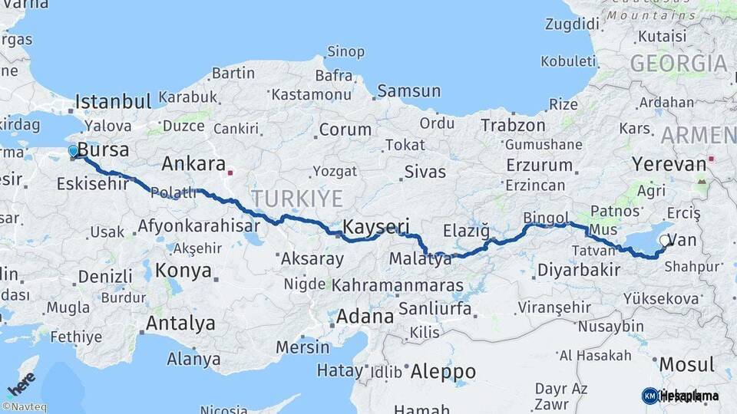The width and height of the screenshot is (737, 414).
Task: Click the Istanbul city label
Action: click(x=113, y=103)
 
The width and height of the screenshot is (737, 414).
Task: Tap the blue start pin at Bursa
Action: click(x=74, y=152)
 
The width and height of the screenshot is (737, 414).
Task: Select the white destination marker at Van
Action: click(x=665, y=241)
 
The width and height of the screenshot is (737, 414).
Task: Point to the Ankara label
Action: click(x=193, y=164)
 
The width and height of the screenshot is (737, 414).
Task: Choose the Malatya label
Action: click(x=420, y=259)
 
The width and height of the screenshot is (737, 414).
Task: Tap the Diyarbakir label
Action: click(x=578, y=270)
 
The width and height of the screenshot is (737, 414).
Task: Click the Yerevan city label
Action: click(x=668, y=164)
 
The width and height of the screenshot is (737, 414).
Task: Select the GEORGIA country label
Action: click(x=679, y=64)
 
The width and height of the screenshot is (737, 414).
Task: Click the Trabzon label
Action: click(x=513, y=124)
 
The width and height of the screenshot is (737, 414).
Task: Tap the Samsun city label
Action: click(x=408, y=91)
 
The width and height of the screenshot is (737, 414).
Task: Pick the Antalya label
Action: click(x=180, y=324)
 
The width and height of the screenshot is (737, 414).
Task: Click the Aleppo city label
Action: click(x=443, y=372)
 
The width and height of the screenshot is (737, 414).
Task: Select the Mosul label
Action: click(x=687, y=364)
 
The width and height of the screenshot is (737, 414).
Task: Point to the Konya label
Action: click(x=183, y=271)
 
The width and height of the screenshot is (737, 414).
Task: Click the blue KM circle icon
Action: click(x=649, y=396)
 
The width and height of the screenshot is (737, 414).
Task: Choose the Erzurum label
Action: click(x=540, y=165)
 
